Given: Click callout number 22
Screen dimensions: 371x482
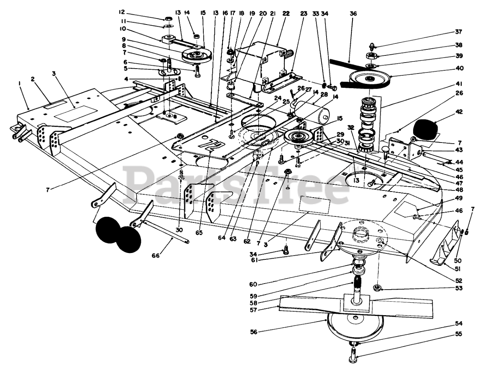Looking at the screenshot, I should (x=286, y=14).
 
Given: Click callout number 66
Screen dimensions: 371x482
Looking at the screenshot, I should (x=156, y=256).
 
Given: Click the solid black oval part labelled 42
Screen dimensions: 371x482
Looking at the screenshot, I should (x=426, y=130).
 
